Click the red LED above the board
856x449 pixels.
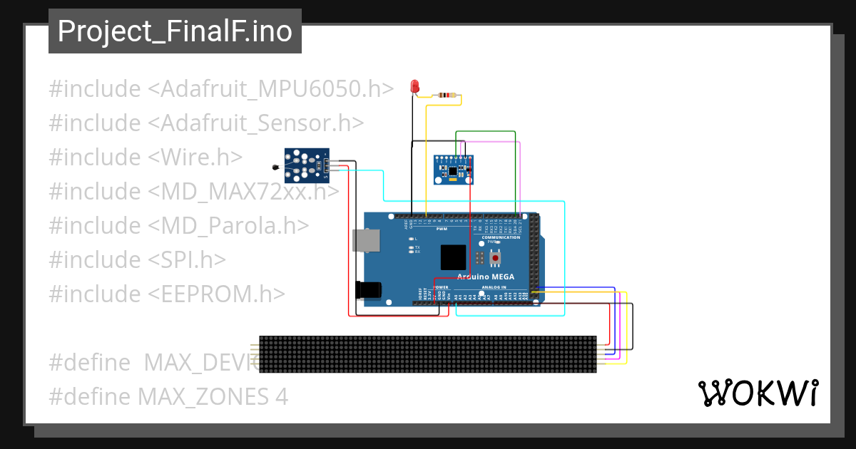(414, 87)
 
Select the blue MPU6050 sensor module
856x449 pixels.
(454, 170)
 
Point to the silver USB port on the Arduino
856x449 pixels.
(366, 241)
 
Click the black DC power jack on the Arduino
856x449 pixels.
(368, 289)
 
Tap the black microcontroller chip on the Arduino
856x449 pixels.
(453, 257)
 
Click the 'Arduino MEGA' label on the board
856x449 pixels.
(485, 277)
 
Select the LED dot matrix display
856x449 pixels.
(427, 354)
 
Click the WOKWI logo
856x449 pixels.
(758, 393)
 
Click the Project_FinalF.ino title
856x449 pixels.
(175, 31)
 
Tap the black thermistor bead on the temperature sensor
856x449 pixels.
(275, 167)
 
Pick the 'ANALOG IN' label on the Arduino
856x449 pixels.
(494, 287)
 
